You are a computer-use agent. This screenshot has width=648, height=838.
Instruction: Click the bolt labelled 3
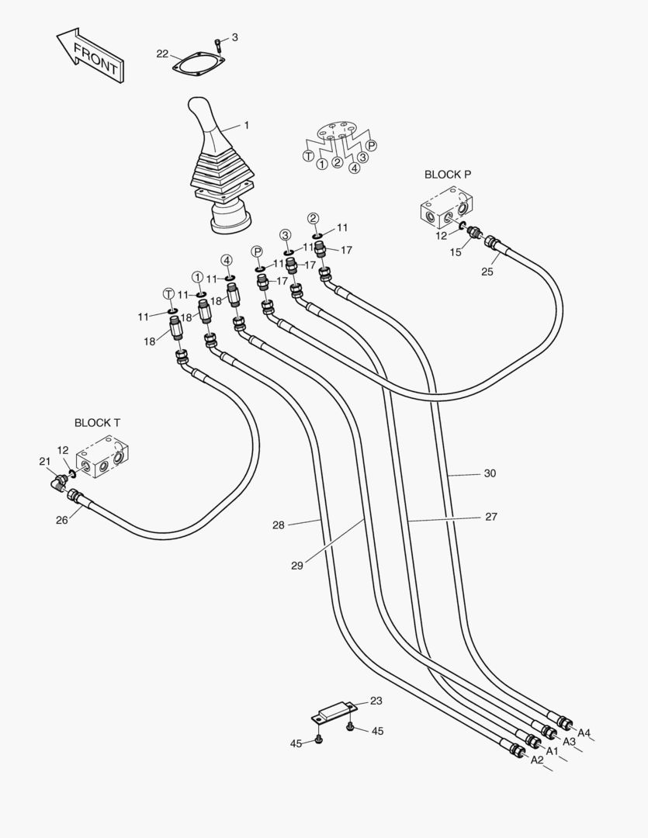tap(218, 44)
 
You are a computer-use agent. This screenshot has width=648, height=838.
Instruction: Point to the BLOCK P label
tap(447, 175)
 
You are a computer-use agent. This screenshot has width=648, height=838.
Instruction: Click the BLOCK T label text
tap(97, 423)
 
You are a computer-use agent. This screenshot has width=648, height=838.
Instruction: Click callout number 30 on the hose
tap(490, 473)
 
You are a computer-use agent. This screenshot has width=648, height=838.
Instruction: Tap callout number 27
tap(491, 517)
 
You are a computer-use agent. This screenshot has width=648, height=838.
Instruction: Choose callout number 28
tap(279, 525)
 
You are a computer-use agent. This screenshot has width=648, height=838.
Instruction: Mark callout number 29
tap(297, 566)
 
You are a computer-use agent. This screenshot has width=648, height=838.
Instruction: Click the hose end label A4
tap(584, 732)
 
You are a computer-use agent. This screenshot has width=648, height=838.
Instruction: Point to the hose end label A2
tap(537, 760)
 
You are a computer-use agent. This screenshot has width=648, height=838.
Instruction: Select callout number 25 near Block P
tap(487, 271)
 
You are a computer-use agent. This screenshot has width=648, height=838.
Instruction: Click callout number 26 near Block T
tap(61, 520)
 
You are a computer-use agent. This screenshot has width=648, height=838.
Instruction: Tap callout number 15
tap(456, 251)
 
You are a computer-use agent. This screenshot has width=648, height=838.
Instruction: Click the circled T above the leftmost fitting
tap(168, 293)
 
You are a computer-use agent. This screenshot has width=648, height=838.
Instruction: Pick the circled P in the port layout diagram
tap(372, 145)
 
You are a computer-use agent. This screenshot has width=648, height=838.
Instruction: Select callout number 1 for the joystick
tap(247, 124)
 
